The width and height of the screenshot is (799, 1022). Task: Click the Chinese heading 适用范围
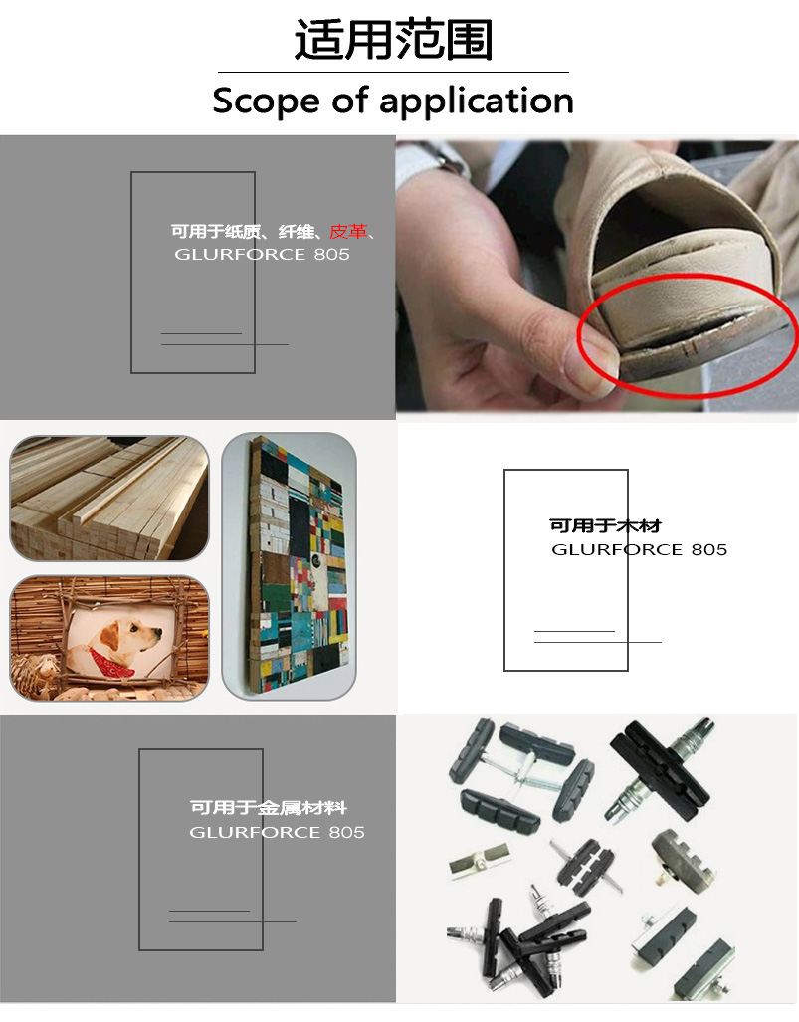click(x=393, y=40)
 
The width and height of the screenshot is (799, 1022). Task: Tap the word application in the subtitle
click(x=476, y=102)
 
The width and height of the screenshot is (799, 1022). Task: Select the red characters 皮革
click(x=348, y=232)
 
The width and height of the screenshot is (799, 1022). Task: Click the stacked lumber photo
click(x=109, y=498)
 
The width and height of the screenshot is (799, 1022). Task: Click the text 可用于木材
click(x=605, y=526)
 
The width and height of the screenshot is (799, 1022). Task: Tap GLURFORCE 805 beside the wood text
click(x=640, y=550)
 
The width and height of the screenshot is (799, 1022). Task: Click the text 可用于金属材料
click(x=269, y=808)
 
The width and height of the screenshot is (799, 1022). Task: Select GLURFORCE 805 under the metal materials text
click(x=277, y=832)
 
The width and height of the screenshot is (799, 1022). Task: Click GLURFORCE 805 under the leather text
click(x=262, y=254)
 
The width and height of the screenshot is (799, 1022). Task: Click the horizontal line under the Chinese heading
click(x=393, y=72)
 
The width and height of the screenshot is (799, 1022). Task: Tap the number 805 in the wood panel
click(x=709, y=550)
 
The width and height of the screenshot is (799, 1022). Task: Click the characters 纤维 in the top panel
click(x=296, y=232)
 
